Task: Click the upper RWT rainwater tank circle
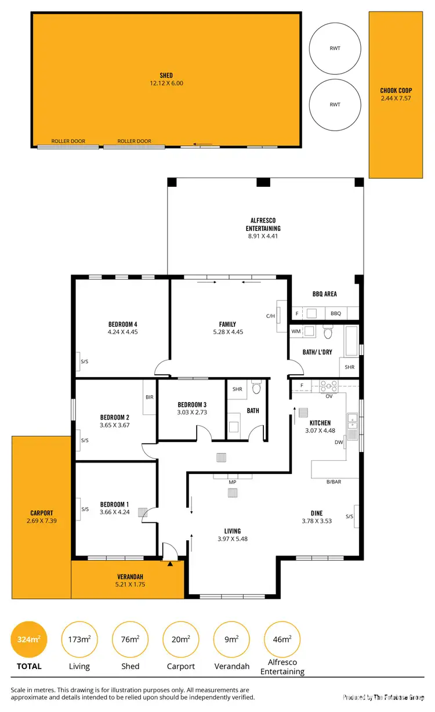[x=335, y=49]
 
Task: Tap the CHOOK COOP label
[x=396, y=91]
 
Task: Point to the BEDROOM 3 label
[x=192, y=404]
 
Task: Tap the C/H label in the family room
[x=270, y=316]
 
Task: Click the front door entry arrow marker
[x=170, y=563]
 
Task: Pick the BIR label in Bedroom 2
[x=150, y=397]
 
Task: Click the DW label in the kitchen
[x=338, y=442]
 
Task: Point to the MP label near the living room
[x=233, y=482]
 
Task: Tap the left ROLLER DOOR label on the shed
[x=68, y=141]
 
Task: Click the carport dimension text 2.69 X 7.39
[x=41, y=521]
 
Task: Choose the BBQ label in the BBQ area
[x=336, y=313]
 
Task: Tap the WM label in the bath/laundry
[x=296, y=331]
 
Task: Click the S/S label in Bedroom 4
[x=85, y=362]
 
